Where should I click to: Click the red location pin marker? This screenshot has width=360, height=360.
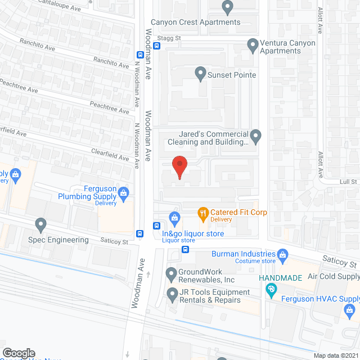point(179,166)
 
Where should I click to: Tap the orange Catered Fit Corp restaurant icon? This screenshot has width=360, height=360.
point(203,213)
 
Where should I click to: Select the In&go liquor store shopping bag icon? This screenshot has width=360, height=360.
point(175,217)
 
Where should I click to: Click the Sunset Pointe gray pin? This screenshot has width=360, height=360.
point(200,73)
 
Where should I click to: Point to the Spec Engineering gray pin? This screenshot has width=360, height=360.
point(40,226)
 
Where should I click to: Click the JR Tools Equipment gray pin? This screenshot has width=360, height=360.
point(172,293)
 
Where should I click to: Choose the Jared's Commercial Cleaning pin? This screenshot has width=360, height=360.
point(256,136)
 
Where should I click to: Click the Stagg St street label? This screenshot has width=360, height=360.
point(169,38)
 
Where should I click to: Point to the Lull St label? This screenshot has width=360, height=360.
point(349,182)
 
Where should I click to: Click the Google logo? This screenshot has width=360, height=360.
point(19,353)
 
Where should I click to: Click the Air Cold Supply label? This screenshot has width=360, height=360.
point(334,277)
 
